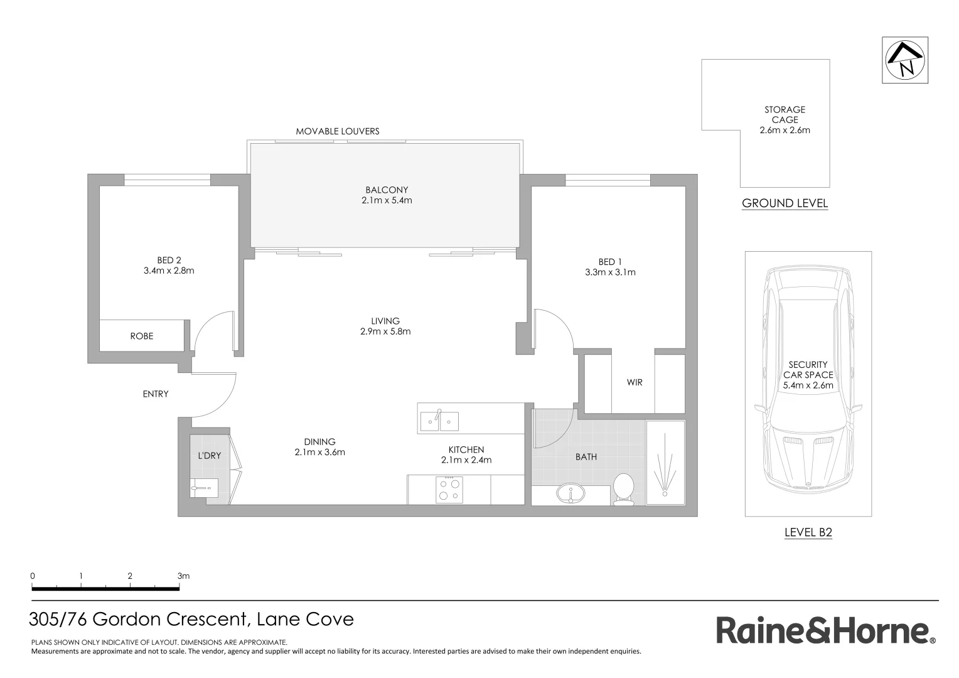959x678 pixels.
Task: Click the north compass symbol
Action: coord(905,60)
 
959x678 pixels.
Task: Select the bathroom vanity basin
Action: coord(571,493)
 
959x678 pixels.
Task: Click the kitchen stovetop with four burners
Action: coord(449,490)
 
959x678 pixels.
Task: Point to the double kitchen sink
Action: coord(439,421)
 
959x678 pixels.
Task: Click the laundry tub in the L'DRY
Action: coord(204,487)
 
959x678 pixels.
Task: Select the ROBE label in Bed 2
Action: coord(142,336)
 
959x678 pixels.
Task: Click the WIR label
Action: coord(635,382)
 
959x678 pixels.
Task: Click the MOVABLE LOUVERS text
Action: coord(338,131)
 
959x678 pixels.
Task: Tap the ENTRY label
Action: coord(156,394)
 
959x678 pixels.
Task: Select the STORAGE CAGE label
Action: coord(785,114)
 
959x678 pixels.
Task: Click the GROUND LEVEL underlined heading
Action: coord(785,203)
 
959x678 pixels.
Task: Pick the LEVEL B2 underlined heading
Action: coord(808,533)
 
